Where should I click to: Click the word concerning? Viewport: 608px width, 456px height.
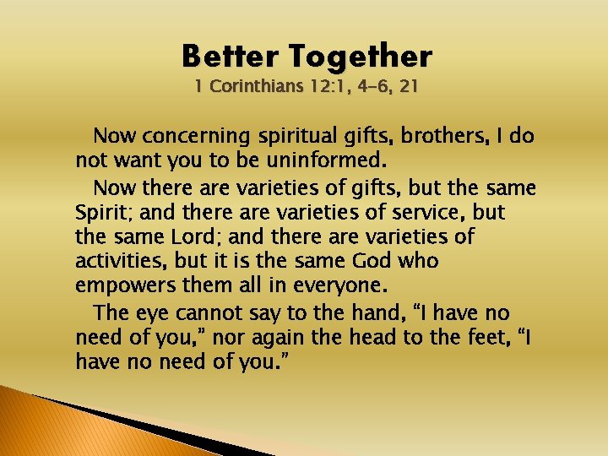[x=196, y=136]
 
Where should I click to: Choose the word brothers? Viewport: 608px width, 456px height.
[x=431, y=136]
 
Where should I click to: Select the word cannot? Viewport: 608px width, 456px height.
[x=211, y=312]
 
